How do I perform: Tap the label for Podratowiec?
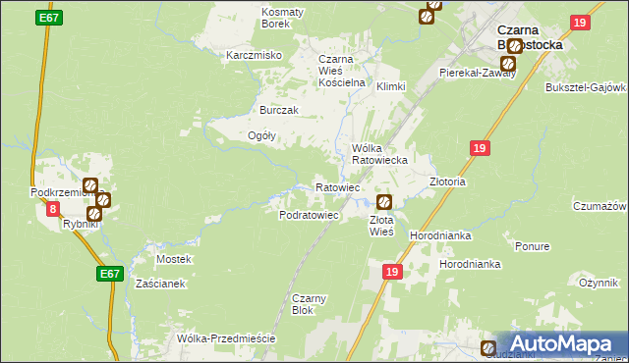click(x=310, y=214)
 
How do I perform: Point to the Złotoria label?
click(x=447, y=181)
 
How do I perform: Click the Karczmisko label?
click(x=255, y=55)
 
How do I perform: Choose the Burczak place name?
click(x=278, y=110)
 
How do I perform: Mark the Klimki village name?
click(x=391, y=86)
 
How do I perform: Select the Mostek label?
click(x=174, y=259)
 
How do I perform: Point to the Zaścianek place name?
click(x=160, y=284)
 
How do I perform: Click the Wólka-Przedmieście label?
click(x=225, y=338)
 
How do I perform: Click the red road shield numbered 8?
click(x=53, y=209)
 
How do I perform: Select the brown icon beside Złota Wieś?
click(x=384, y=202)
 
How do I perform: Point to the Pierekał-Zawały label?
click(x=478, y=73)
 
